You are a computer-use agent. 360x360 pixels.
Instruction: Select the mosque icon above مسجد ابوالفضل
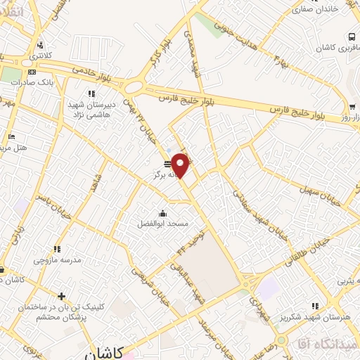(163, 213)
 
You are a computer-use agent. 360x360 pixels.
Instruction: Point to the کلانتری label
(43, 53)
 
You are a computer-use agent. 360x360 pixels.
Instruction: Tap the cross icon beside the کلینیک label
(62, 296)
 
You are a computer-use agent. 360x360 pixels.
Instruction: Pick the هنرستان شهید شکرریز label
(325, 315)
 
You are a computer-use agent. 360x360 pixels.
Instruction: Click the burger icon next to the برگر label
(167, 163)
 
